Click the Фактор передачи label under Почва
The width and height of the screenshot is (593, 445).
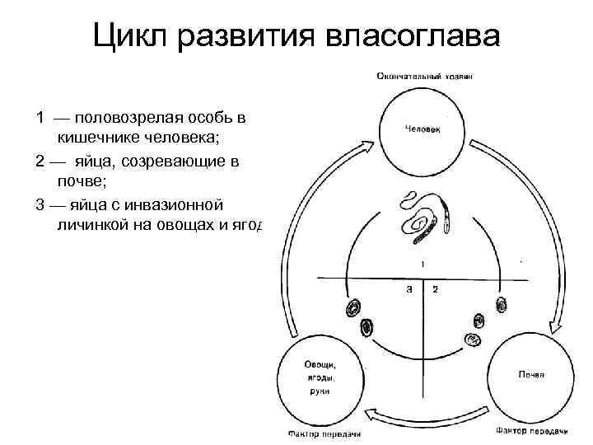pos(532,429)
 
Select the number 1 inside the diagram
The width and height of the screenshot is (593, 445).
pos(423,265)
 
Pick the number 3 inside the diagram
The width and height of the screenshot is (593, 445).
pos(409,289)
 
